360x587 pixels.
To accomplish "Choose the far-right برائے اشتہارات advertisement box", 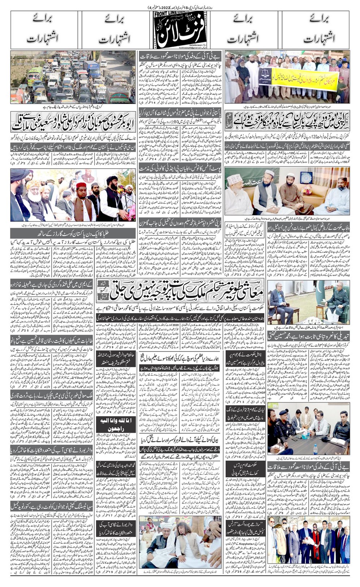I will pyautogui.click(x=316, y=30).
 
